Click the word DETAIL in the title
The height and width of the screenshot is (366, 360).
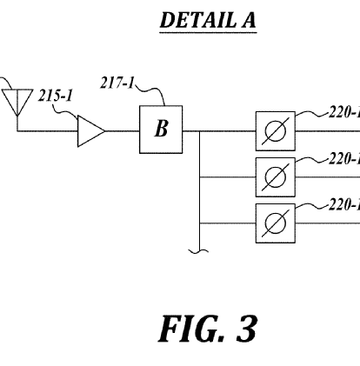(x=198, y=20)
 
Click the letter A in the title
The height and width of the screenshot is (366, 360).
(x=249, y=20)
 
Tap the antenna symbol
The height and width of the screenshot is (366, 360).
(x=17, y=103)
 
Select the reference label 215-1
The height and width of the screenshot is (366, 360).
(x=55, y=96)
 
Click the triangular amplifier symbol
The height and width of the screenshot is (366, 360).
(x=90, y=131)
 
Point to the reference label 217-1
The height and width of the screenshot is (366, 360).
(x=117, y=83)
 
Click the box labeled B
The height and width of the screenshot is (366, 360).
(x=161, y=130)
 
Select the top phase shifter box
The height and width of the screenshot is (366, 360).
(x=276, y=131)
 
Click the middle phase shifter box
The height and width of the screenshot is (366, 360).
(x=276, y=177)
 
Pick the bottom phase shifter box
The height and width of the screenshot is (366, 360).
(x=276, y=223)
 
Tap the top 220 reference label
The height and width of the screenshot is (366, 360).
(x=344, y=112)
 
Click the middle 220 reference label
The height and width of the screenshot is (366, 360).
(x=344, y=158)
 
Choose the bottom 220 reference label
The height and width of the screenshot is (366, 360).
(x=344, y=205)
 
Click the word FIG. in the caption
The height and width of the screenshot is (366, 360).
(x=191, y=329)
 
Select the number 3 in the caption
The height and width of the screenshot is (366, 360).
(x=247, y=329)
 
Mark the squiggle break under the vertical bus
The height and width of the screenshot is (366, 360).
(x=198, y=251)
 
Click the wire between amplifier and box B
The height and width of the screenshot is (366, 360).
(x=123, y=131)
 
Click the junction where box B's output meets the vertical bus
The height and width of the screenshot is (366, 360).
(x=199, y=131)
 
